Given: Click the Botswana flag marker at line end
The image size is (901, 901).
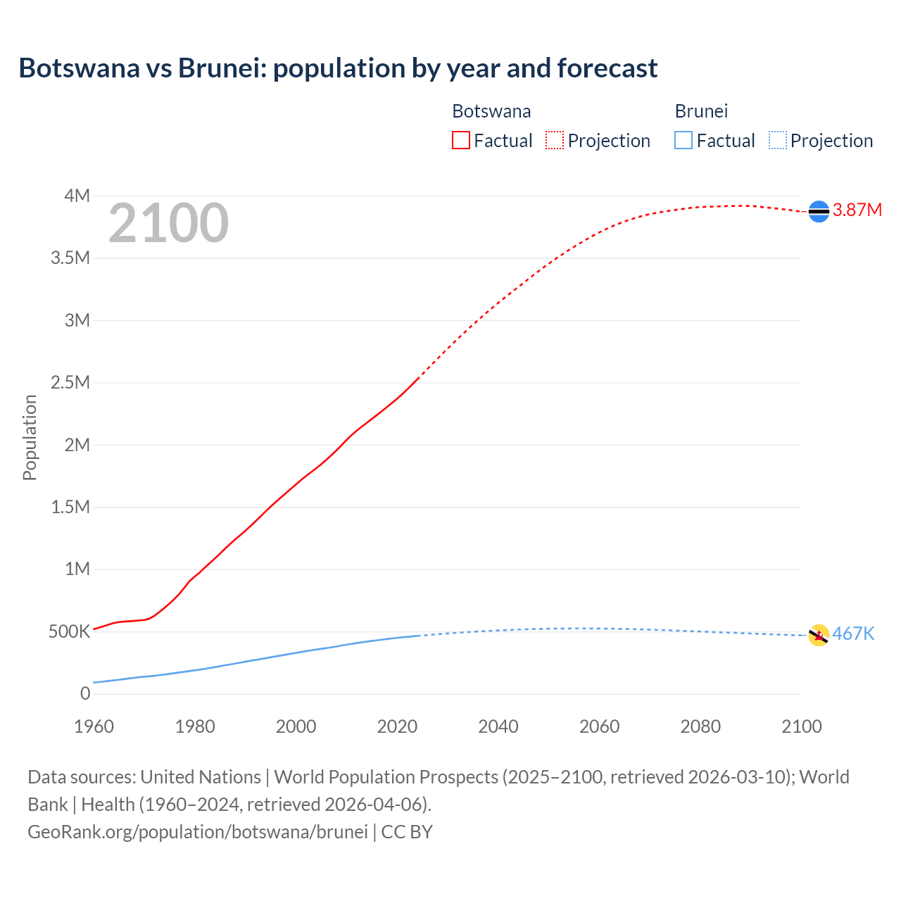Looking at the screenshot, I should (x=819, y=211).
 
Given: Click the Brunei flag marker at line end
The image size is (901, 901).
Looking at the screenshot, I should (x=819, y=635).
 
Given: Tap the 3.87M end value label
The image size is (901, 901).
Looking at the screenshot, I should (x=857, y=210).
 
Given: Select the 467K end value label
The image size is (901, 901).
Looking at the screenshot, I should (x=853, y=634).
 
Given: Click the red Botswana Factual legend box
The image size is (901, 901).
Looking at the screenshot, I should (x=460, y=140).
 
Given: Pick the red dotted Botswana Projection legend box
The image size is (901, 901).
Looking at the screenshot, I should (x=555, y=140).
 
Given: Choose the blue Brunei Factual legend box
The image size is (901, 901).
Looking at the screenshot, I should (x=683, y=140).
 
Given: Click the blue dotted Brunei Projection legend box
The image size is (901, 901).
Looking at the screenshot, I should (x=778, y=140).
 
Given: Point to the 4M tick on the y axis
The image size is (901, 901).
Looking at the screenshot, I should (x=77, y=196).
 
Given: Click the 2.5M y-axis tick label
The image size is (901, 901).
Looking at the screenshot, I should (x=70, y=382).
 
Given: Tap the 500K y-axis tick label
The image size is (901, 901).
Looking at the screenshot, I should (x=69, y=631).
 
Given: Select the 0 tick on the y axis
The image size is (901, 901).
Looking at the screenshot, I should (x=85, y=693).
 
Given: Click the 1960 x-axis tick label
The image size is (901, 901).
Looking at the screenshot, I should (x=94, y=726).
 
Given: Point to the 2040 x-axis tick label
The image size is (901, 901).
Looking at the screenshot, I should (x=498, y=726).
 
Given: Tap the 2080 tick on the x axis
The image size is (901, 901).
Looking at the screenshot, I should (x=700, y=726).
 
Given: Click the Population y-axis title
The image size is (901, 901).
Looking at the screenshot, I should (x=30, y=437).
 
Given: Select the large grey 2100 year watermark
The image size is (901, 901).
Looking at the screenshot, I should (x=168, y=223).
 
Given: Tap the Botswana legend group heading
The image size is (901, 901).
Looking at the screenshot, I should (x=491, y=111).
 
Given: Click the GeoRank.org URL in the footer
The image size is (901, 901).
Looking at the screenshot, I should (x=198, y=831).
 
